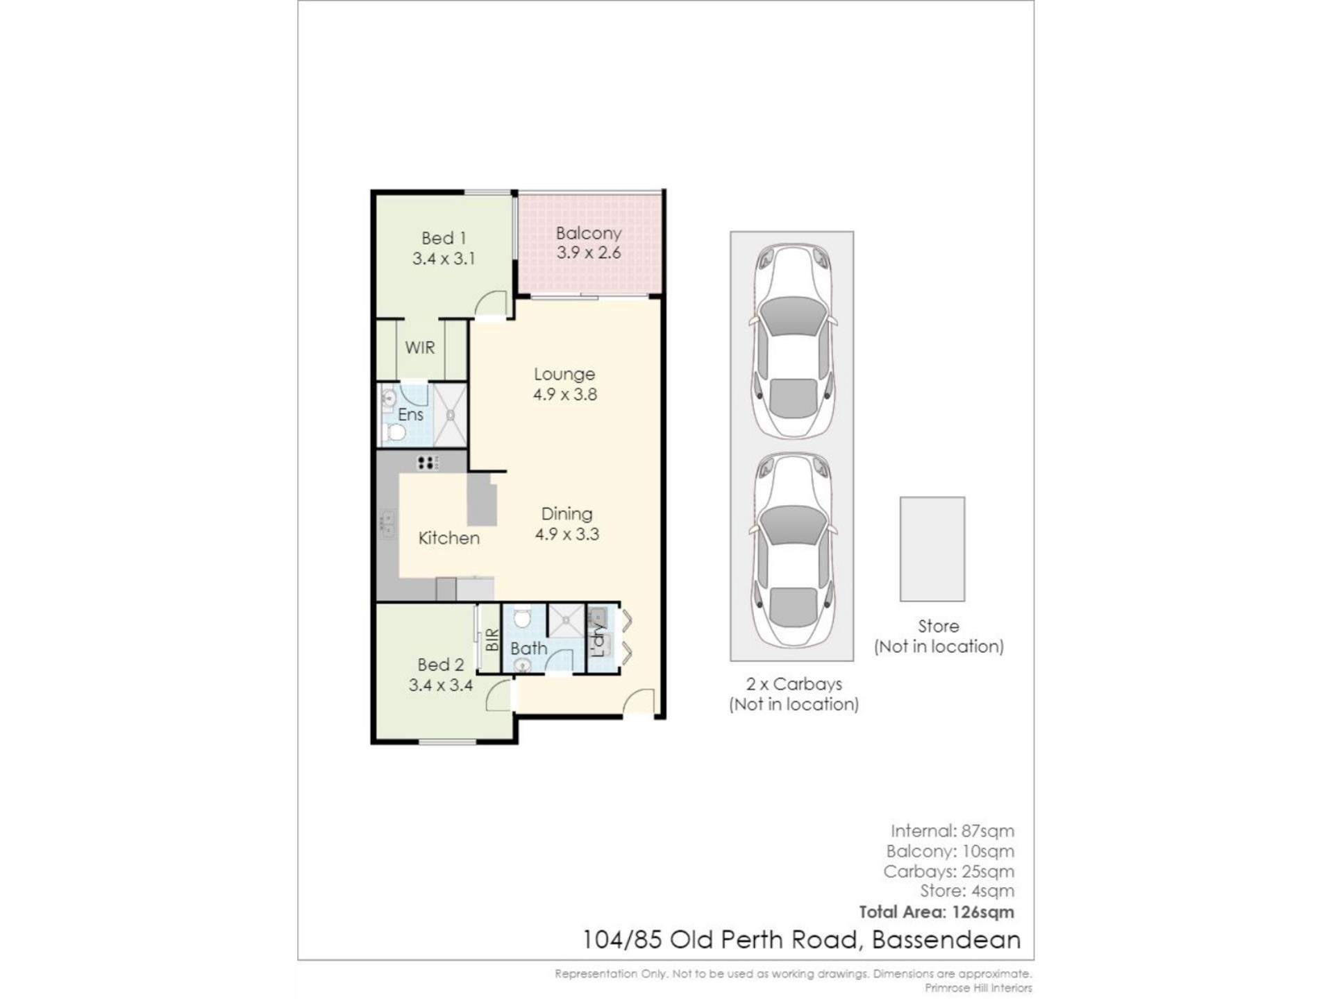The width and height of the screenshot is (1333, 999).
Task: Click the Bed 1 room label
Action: point(444,238)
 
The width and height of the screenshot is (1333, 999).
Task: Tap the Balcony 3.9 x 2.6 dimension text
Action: point(589,253)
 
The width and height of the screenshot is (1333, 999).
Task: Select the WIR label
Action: point(420,348)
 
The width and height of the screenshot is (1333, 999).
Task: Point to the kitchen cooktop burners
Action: point(428,463)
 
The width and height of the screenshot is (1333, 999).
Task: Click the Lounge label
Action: point(564,374)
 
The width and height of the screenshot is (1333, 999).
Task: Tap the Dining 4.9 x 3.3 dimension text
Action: point(567,534)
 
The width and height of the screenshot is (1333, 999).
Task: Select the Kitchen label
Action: point(449,538)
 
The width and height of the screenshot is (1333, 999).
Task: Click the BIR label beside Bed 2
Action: point(492,640)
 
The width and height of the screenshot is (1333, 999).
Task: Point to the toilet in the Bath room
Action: point(522,617)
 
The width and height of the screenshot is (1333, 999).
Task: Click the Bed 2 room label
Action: point(441,665)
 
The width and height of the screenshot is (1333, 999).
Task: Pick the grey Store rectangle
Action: point(932,549)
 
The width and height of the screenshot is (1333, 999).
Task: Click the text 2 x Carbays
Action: point(794,684)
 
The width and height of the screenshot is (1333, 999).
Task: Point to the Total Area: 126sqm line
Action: point(937,912)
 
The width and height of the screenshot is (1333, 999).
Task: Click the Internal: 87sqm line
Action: point(953,830)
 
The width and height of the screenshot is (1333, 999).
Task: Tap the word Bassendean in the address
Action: point(946,940)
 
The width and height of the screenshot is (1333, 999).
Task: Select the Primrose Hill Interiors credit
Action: point(978,988)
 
